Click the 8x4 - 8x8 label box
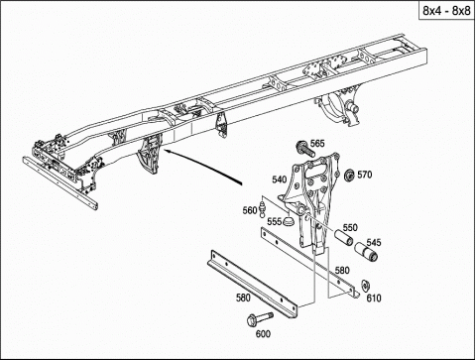pos(446,10)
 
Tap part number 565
pos(317,144)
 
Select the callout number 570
pos(365,175)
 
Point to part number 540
pos(280,180)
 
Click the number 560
pos(250,210)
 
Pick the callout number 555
pos(275,221)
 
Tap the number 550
pos(350,227)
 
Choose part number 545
pos(374,242)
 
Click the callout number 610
pos(374,299)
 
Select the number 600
pos(263,334)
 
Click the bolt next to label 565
pos(304,149)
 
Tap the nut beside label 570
pos(349,175)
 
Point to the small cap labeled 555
pos(289,221)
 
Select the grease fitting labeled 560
pos(263,207)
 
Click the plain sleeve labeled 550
pos(343,236)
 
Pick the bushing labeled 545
pos(366,253)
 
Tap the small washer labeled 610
pos(365,285)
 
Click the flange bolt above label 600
pos(260,318)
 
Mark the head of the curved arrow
pos(165,151)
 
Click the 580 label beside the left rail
pos(243,298)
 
